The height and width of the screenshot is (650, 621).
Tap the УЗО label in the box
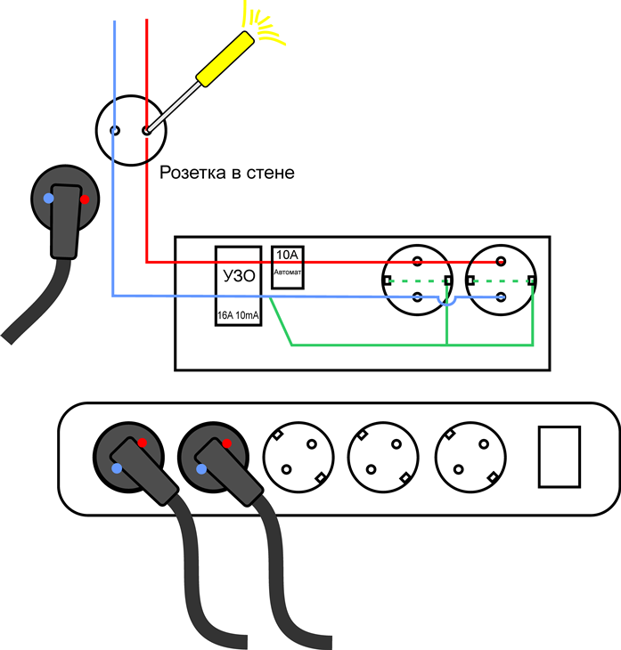click(237, 276)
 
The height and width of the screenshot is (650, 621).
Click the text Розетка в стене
click(226, 172)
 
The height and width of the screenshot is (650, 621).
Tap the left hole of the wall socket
click(115, 130)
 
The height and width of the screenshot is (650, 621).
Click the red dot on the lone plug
click(85, 199)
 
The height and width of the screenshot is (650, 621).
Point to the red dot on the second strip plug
click(226, 443)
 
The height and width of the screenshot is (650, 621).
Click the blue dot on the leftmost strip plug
click(117, 467)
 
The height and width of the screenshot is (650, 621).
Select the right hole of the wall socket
click(145, 130)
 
